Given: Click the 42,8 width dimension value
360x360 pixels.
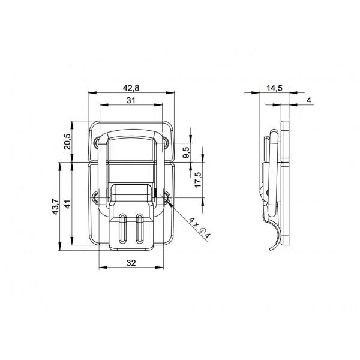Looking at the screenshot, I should (131, 87).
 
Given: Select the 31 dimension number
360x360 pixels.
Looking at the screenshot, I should (131, 100).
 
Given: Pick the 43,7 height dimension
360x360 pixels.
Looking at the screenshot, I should (55, 207).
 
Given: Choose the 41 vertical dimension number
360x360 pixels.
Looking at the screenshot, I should (68, 205).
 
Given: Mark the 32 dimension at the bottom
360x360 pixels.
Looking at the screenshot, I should (131, 262).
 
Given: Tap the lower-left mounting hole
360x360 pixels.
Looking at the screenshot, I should (97, 196).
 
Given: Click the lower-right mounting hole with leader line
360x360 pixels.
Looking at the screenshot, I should (166, 197).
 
